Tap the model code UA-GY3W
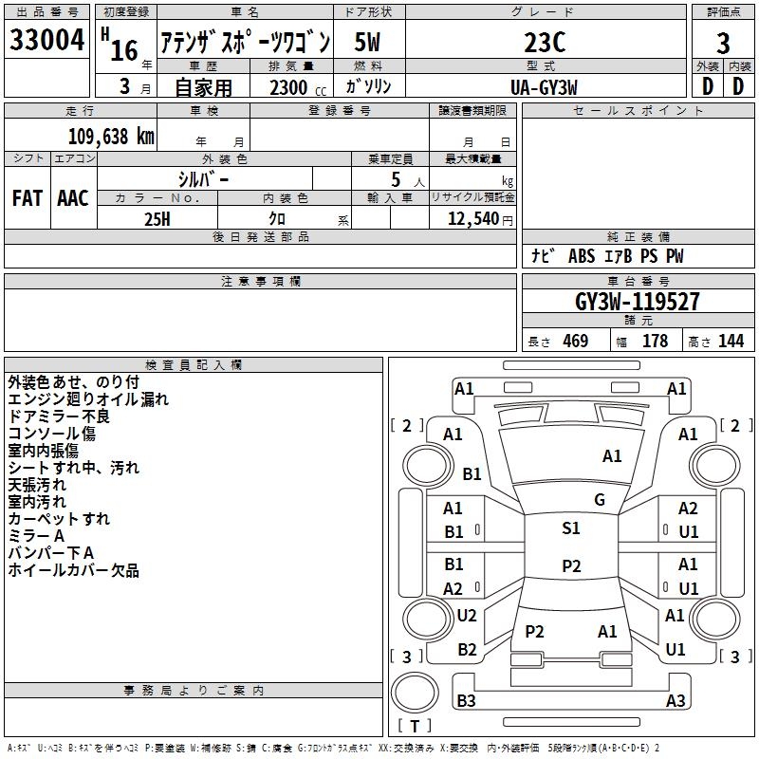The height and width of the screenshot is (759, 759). point(544,86)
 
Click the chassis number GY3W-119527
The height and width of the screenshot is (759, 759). point(638,302)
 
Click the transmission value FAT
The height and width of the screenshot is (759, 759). point(27,198)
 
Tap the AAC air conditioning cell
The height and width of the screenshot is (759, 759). point(73,198)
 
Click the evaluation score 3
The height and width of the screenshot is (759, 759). point(723,44)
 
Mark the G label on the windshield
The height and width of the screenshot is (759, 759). point(600,500)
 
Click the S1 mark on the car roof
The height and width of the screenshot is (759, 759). point(570,528)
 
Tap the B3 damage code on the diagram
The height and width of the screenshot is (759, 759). point(466,701)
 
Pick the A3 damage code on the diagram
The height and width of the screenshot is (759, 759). point(676,701)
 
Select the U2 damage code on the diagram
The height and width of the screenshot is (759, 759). point(467,616)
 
